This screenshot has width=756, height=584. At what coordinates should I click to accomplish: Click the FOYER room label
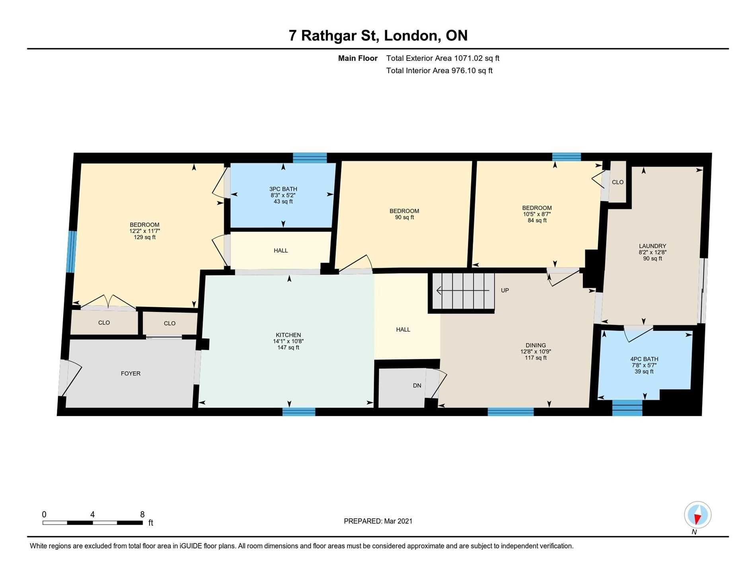(131, 374)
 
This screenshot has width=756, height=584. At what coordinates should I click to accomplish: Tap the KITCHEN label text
(288, 335)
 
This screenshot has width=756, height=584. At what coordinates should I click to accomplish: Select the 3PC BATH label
(283, 189)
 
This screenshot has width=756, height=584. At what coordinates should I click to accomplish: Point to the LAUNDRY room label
(653, 246)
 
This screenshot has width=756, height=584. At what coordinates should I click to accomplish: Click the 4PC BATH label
(644, 359)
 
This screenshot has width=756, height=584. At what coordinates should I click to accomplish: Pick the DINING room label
(536, 345)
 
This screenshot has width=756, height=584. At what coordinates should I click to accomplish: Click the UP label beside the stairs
(505, 290)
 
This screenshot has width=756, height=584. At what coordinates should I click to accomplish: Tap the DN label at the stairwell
(417, 385)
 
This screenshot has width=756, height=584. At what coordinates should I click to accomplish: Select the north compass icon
(698, 515)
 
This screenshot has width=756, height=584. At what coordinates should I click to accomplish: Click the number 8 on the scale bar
(142, 514)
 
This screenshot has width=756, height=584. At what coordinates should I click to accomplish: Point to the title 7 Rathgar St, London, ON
(378, 36)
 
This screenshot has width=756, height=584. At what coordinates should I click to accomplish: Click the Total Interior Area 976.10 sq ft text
(439, 71)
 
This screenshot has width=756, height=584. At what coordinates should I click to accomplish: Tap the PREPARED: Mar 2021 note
(378, 521)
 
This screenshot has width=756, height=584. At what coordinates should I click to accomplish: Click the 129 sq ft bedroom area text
(144, 237)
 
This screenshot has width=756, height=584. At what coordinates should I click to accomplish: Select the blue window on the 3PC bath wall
(310, 158)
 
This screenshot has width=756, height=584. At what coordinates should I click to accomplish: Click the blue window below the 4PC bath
(627, 408)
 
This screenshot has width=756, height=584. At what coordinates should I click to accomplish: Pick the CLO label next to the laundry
(618, 182)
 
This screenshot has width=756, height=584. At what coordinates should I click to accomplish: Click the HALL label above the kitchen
(281, 251)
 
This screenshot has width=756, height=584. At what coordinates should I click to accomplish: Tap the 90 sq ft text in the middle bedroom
(404, 217)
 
